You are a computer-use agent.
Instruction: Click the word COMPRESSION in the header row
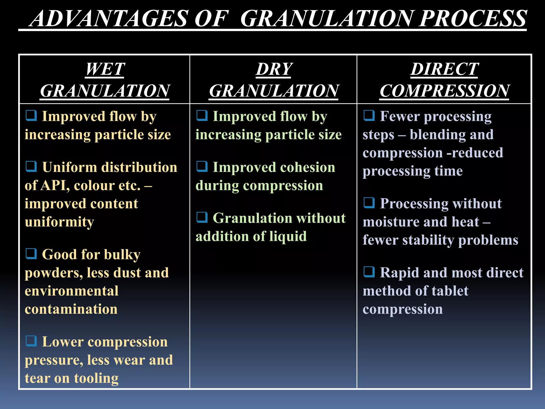point(444,91)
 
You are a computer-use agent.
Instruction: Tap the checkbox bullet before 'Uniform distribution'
point(31,167)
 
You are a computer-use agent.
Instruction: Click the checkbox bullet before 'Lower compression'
point(31,341)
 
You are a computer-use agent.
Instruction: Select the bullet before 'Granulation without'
point(202,218)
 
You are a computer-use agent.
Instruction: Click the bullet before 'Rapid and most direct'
point(369,272)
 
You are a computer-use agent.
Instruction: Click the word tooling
point(96,378)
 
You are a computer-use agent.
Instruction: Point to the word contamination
point(71,309)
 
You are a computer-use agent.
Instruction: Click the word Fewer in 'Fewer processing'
point(400,116)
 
